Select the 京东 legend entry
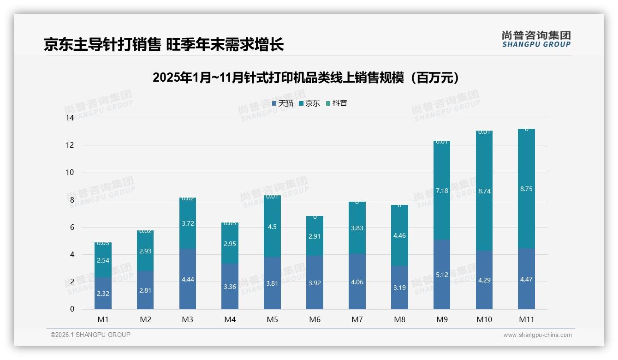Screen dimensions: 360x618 point(309,103)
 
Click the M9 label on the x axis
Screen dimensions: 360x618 point(442,319)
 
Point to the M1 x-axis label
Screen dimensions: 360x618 point(103,319)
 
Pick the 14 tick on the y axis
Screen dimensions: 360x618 point(70,118)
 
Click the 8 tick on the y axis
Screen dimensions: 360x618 point(71,200)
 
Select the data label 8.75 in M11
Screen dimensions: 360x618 point(526,189)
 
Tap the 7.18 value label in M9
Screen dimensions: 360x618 point(442,191)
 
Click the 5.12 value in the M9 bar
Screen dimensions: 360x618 point(442,275)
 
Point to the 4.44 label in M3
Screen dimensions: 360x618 point(188,279)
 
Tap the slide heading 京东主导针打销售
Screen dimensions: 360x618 point(164,44)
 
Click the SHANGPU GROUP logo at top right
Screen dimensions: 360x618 point(536,39)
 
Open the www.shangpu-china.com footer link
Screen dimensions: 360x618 point(537,335)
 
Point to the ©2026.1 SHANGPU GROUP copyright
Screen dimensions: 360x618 point(90,335)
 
